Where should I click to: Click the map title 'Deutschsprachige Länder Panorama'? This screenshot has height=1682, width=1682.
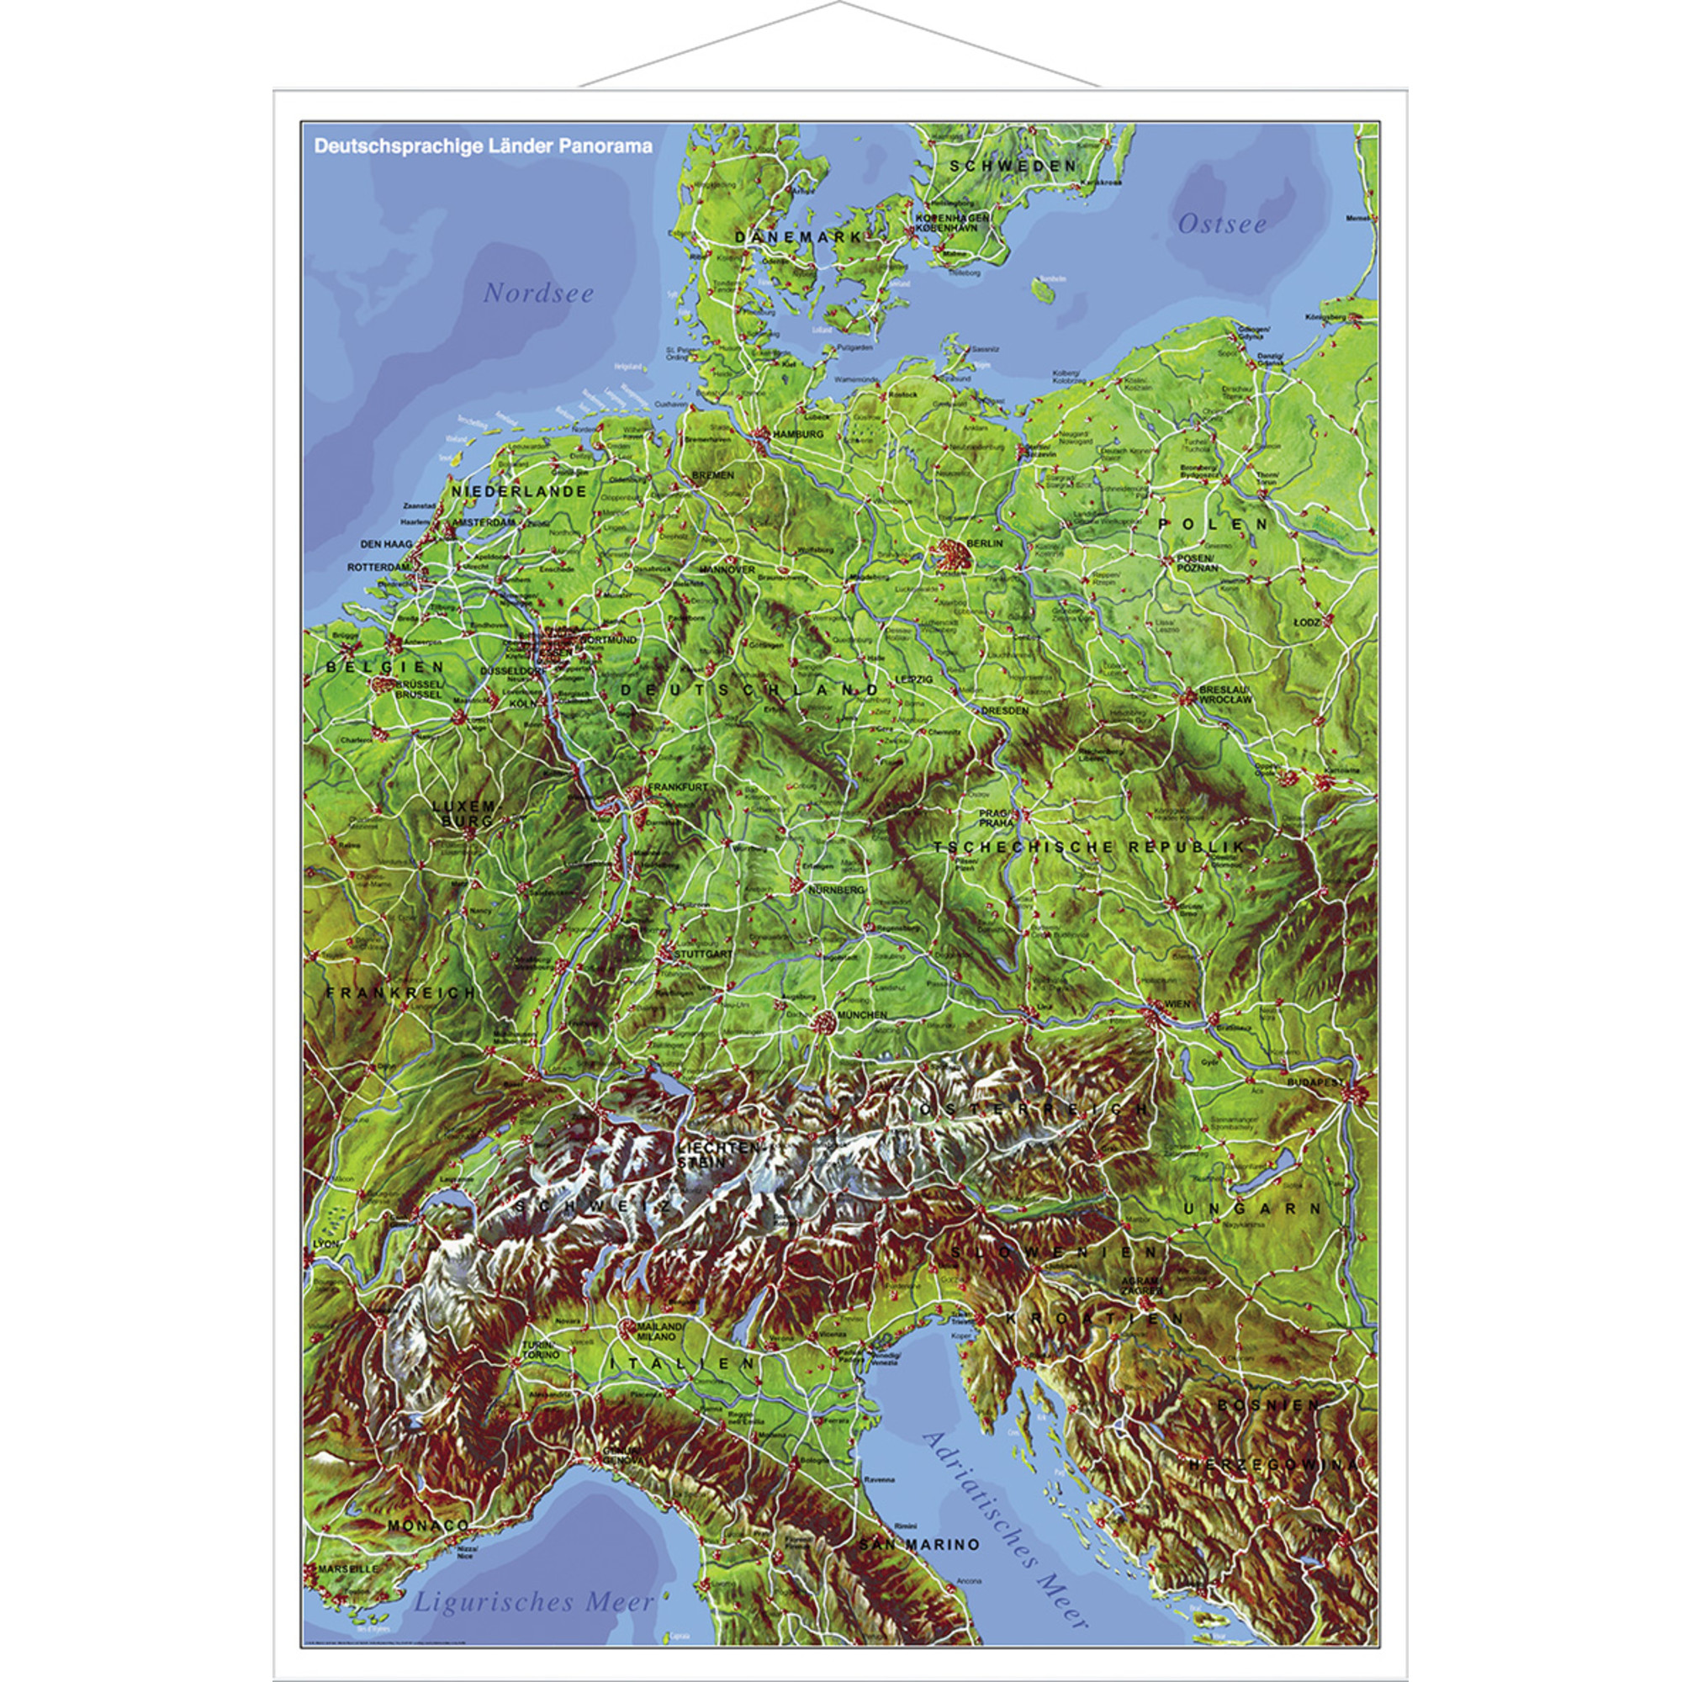[x=484, y=146]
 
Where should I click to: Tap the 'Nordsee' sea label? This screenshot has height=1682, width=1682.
[x=539, y=294]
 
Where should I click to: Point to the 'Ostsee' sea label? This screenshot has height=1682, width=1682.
[x=1221, y=225]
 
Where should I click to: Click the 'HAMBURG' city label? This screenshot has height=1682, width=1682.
[x=797, y=434]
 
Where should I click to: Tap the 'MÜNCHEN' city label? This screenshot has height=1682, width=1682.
[x=862, y=1015]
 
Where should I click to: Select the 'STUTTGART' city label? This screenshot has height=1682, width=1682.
[x=704, y=955]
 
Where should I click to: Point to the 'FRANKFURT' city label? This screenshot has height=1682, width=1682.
[x=678, y=786]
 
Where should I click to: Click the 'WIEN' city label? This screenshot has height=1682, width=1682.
[x=1177, y=1004]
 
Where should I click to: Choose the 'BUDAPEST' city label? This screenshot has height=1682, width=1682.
[x=1316, y=1082]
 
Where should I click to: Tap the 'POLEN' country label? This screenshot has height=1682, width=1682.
[x=1213, y=524]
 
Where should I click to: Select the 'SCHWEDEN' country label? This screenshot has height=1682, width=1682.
[x=1013, y=166]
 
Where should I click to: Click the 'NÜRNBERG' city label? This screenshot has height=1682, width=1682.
[x=836, y=891]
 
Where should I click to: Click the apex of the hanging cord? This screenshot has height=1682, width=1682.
[x=840, y=3]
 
